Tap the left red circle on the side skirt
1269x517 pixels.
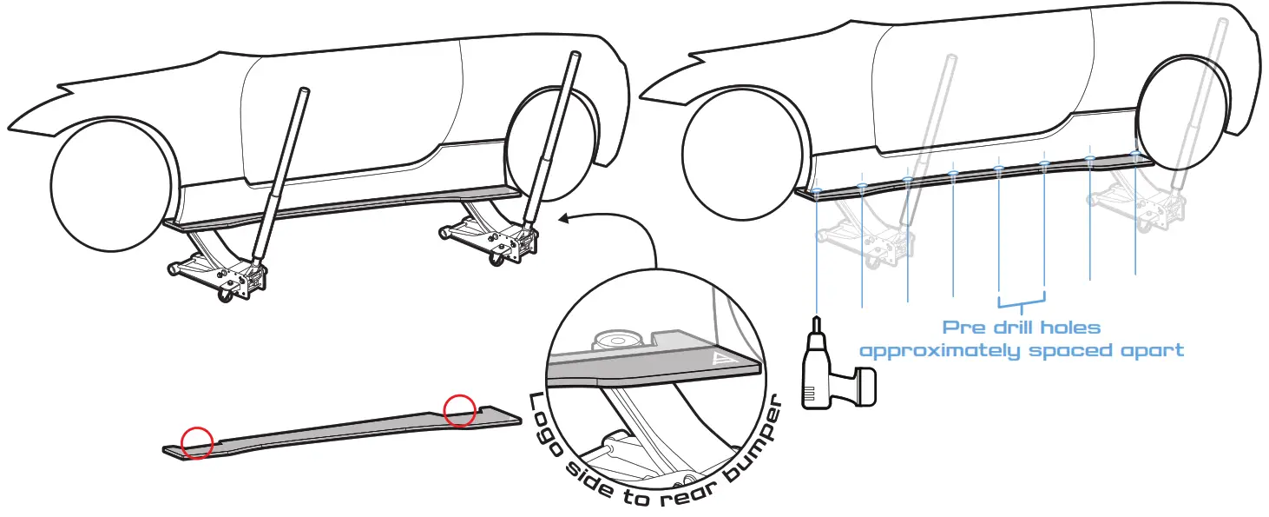coord(197,443)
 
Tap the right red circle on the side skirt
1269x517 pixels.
coord(460,410)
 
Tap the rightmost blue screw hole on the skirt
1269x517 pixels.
coord(1136,155)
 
